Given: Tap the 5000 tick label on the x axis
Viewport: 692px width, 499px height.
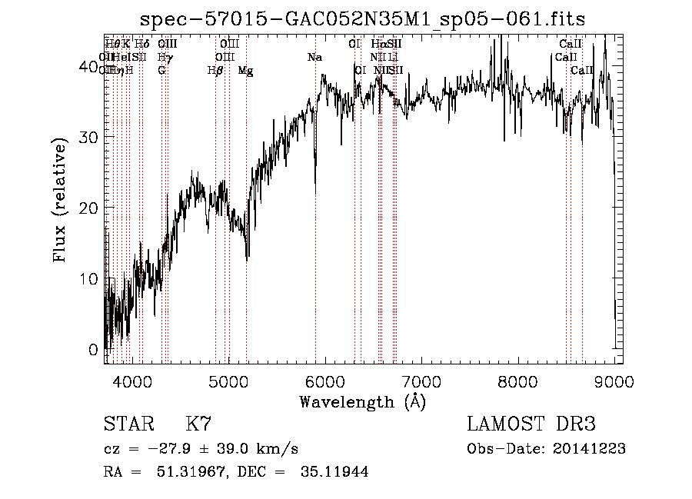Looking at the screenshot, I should click(229, 381).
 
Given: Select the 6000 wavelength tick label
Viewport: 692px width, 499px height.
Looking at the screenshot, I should click(325, 381).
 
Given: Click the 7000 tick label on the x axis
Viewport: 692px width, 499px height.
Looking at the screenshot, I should click(422, 381).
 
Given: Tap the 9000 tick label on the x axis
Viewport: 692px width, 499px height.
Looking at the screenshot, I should click(613, 381).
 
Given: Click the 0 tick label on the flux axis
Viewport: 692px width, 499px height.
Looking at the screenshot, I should click(94, 349).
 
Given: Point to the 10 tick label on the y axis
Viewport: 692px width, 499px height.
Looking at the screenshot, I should click(89, 278).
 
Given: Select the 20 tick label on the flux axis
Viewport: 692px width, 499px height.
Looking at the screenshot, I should click(89, 208).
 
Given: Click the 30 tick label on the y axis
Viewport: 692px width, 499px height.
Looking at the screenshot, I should click(89, 137).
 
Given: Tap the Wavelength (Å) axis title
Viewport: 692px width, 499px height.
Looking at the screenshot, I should click(362, 401).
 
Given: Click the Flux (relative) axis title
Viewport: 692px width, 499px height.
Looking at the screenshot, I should click(62, 199).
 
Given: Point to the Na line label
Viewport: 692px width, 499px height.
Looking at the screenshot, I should click(314, 58).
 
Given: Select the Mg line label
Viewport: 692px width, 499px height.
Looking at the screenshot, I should click(245, 71).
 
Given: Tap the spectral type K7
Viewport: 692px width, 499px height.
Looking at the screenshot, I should click(198, 424).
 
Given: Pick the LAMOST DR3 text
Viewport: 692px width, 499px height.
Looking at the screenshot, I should click(531, 424).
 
